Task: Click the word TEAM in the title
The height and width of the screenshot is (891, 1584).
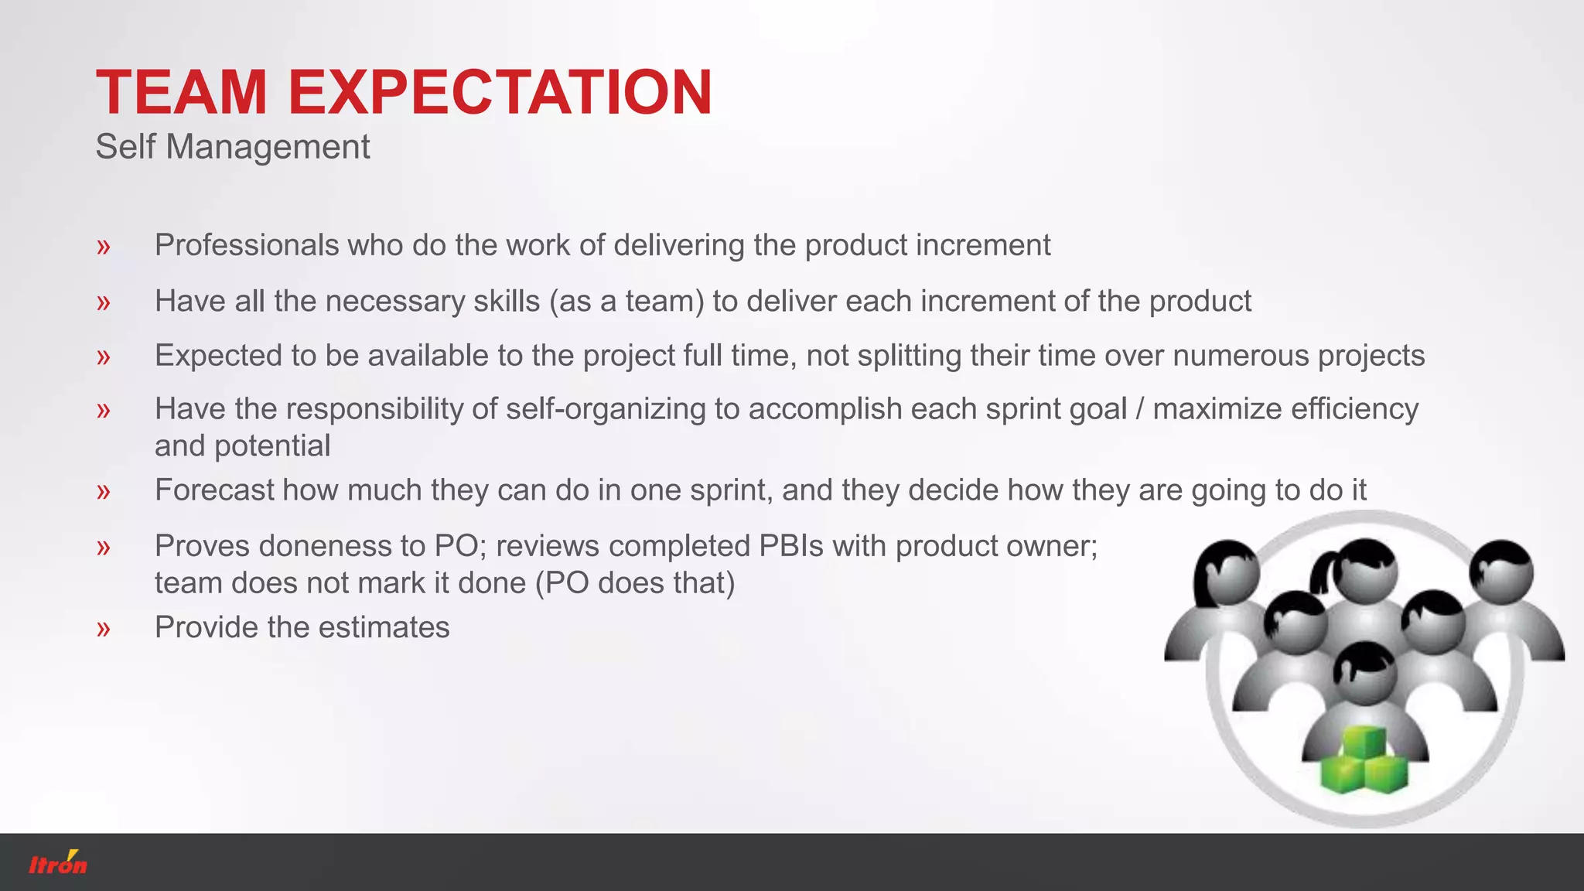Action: [x=181, y=93]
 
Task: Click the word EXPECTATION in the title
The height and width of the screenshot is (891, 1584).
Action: [x=500, y=93]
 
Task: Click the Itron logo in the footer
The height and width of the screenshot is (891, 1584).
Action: [x=58, y=863]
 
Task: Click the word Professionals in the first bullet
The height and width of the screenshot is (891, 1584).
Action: [x=247, y=245]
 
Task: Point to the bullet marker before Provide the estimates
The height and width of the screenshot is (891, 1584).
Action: [x=104, y=629]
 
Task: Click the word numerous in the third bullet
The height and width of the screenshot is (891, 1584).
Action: [x=1241, y=356]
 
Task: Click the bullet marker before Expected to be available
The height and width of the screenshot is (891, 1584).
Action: [x=104, y=357]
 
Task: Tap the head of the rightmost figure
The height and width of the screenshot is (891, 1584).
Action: [x=1501, y=572]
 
